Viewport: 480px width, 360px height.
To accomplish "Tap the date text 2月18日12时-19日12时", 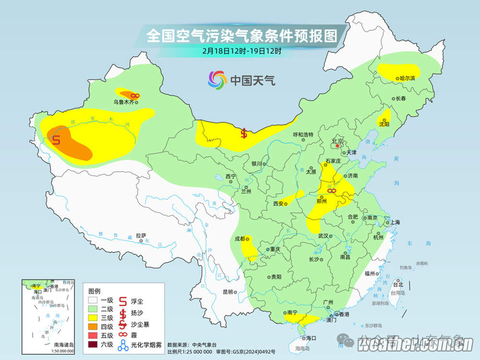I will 241,50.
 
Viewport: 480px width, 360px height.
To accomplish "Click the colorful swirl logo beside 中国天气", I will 217,80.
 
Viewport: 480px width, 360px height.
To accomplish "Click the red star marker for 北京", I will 337,145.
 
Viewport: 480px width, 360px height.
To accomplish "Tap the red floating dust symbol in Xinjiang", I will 56,140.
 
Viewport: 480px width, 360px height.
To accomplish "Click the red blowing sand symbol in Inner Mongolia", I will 244,133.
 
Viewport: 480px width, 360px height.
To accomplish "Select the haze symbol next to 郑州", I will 331,192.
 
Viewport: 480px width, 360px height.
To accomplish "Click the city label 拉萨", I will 141,236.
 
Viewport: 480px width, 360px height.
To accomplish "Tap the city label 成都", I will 240,239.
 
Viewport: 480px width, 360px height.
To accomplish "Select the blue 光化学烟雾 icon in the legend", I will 123,344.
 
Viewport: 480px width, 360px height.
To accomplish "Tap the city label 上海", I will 395,222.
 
